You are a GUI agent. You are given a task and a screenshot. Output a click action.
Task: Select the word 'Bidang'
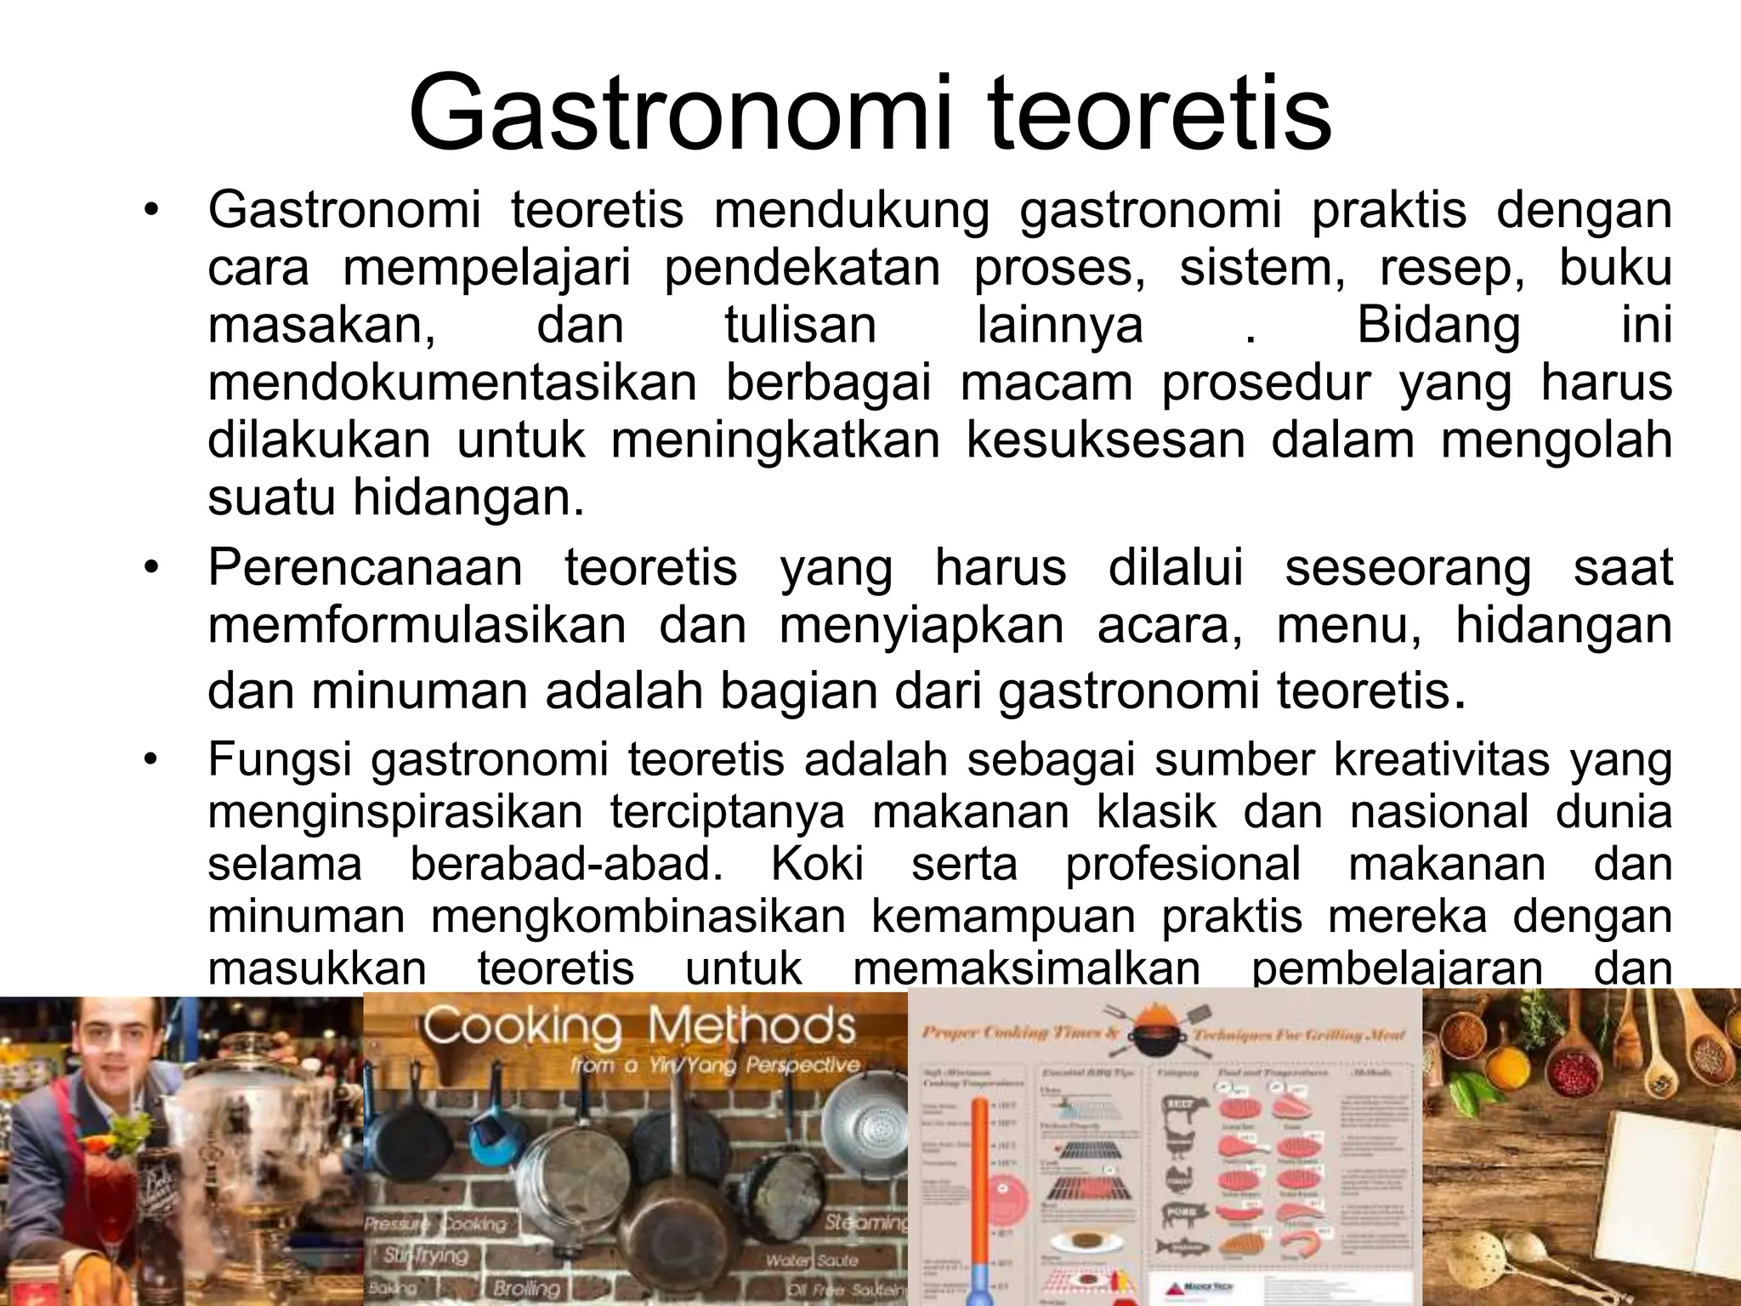coord(1438,326)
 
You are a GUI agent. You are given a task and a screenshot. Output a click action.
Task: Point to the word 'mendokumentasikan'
coord(452,383)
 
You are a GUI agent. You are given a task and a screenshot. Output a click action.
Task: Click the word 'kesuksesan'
coord(1105,440)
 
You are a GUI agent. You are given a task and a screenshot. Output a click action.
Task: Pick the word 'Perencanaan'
coord(365,568)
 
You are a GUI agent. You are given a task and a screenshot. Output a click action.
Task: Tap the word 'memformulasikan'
coord(417,626)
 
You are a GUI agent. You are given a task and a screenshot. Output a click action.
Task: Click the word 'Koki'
coord(817,865)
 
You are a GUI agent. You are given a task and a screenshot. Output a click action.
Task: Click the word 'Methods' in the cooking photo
coord(751,1027)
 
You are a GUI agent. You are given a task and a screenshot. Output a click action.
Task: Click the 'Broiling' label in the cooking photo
coord(525,1287)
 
